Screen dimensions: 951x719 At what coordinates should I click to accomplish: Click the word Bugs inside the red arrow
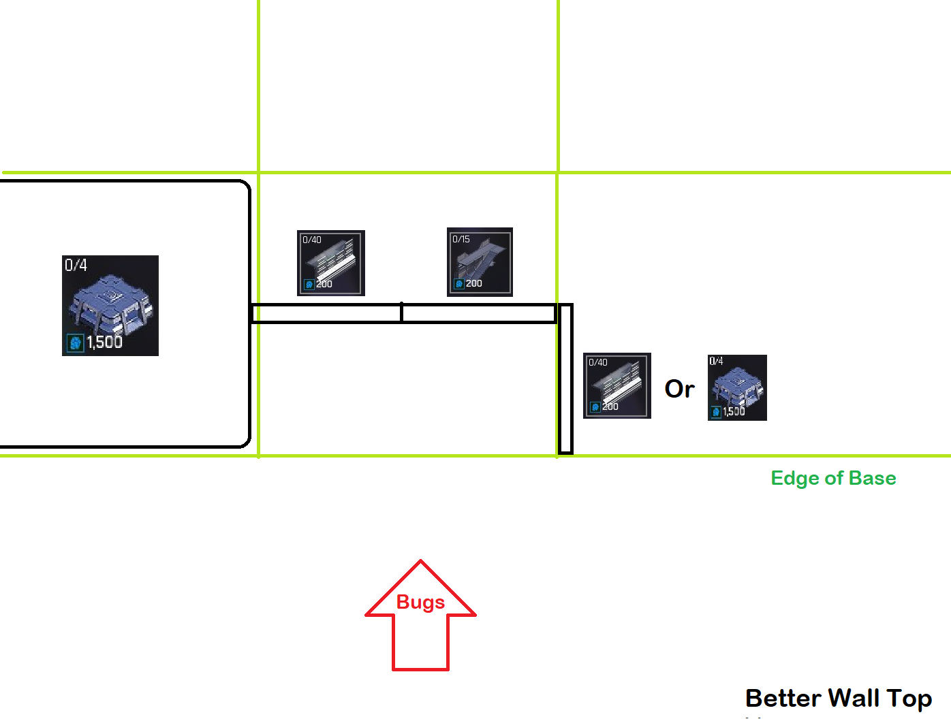point(420,603)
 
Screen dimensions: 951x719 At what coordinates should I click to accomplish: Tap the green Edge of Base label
point(833,478)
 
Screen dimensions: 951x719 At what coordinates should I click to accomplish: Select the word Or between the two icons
point(679,389)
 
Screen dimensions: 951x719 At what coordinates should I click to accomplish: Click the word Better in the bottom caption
point(783,699)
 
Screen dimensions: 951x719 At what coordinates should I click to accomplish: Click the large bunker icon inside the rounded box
point(110,306)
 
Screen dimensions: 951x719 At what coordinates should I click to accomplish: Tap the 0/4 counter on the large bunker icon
point(76,265)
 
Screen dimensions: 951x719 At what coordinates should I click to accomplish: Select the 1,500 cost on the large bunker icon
point(104,342)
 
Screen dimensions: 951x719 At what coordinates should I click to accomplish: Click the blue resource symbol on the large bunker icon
point(75,342)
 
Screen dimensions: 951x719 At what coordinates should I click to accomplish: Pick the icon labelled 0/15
point(480,262)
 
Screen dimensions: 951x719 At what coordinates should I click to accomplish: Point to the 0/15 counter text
point(461,239)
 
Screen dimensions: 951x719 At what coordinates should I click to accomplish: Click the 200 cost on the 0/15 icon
point(473,283)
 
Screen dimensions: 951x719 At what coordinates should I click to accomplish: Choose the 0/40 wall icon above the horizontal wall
point(331,263)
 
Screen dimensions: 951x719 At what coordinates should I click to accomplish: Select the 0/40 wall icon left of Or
point(617,385)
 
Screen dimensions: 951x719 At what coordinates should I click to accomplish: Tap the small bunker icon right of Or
point(737,387)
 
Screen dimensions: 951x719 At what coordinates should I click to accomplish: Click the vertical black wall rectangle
point(565,379)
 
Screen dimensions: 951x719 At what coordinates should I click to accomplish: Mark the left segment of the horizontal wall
point(326,313)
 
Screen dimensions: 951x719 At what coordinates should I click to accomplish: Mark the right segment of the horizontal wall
point(478,313)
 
